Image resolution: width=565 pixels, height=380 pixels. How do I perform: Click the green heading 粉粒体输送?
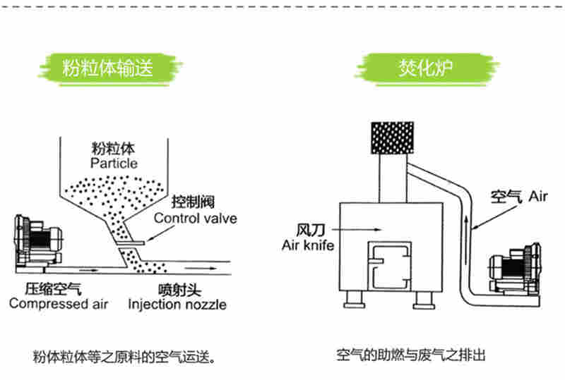[107, 68]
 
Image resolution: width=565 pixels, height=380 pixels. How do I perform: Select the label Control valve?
[196, 219]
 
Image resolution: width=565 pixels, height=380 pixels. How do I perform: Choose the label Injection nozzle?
[177, 305]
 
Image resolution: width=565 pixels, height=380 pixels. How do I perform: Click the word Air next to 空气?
[537, 196]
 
